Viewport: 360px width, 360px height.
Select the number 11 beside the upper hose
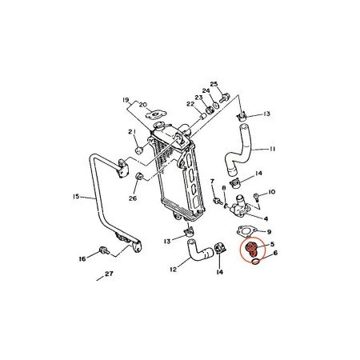(273, 149)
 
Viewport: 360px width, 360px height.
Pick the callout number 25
(214, 84)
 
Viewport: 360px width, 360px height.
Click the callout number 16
(82, 260)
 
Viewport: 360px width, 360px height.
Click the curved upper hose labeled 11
(238, 148)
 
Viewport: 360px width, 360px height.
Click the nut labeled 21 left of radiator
(139, 148)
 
